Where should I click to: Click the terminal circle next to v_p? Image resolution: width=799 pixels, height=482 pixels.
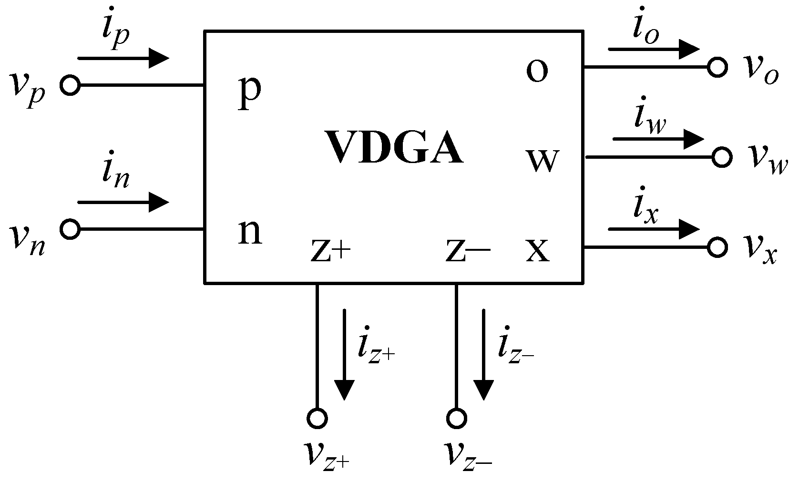tap(70, 85)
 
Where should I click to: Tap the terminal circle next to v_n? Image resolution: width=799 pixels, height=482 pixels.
tap(70, 229)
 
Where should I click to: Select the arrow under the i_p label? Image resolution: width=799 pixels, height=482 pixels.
tap(123, 59)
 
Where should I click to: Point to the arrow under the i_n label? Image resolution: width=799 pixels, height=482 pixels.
tap(123, 203)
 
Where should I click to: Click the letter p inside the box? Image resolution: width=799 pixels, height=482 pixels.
tap(249, 93)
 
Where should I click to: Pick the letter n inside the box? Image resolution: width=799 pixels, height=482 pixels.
tap(250, 233)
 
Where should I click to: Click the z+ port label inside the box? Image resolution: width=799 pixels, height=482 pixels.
tap(330, 252)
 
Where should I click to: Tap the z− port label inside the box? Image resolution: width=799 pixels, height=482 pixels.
tap(468, 252)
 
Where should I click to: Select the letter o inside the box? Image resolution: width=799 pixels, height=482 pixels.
tap(537, 71)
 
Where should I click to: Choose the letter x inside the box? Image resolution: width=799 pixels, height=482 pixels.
tap(537, 251)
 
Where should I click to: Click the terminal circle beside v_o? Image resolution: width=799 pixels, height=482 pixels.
tap(717, 67)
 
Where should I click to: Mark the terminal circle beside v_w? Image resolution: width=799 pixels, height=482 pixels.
tap(722, 157)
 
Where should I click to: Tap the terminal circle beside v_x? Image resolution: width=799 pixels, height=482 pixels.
tap(717, 247)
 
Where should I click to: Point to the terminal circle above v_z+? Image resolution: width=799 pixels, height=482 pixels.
tap(317, 419)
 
